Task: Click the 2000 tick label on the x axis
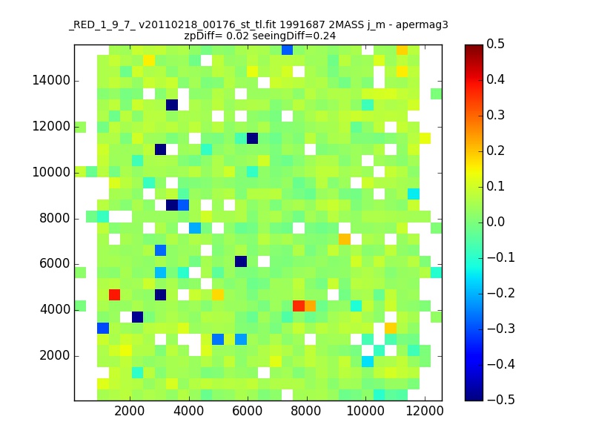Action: [x=130, y=412]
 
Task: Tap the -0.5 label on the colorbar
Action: [x=495, y=399]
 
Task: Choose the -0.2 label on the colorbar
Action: [x=495, y=293]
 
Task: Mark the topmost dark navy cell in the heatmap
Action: [x=172, y=105]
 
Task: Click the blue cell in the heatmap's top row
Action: [x=287, y=50]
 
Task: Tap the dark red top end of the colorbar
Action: [x=474, y=48]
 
